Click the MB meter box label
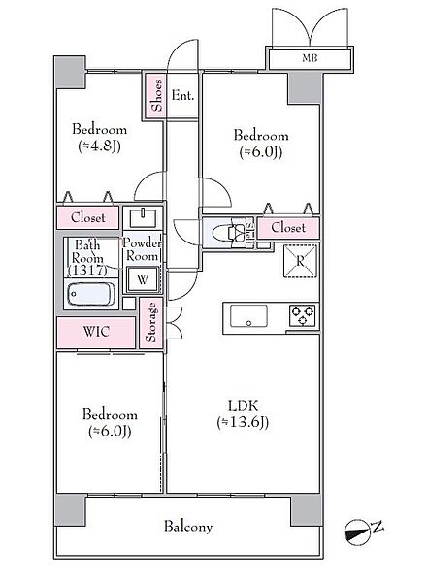(310, 58)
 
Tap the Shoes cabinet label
(157, 95)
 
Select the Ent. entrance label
(182, 96)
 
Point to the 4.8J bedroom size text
(100, 145)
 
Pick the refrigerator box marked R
(300, 261)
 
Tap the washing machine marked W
(143, 279)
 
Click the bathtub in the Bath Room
(90, 294)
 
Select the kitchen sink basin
(248, 316)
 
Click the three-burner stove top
(302, 316)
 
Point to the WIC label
(96, 331)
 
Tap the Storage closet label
(150, 322)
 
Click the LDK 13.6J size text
(243, 422)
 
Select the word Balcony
(188, 527)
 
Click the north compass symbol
(357, 532)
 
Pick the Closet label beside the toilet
(288, 227)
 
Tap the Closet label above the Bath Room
(88, 217)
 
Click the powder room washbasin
(143, 217)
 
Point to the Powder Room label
(143, 249)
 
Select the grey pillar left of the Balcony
(71, 509)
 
